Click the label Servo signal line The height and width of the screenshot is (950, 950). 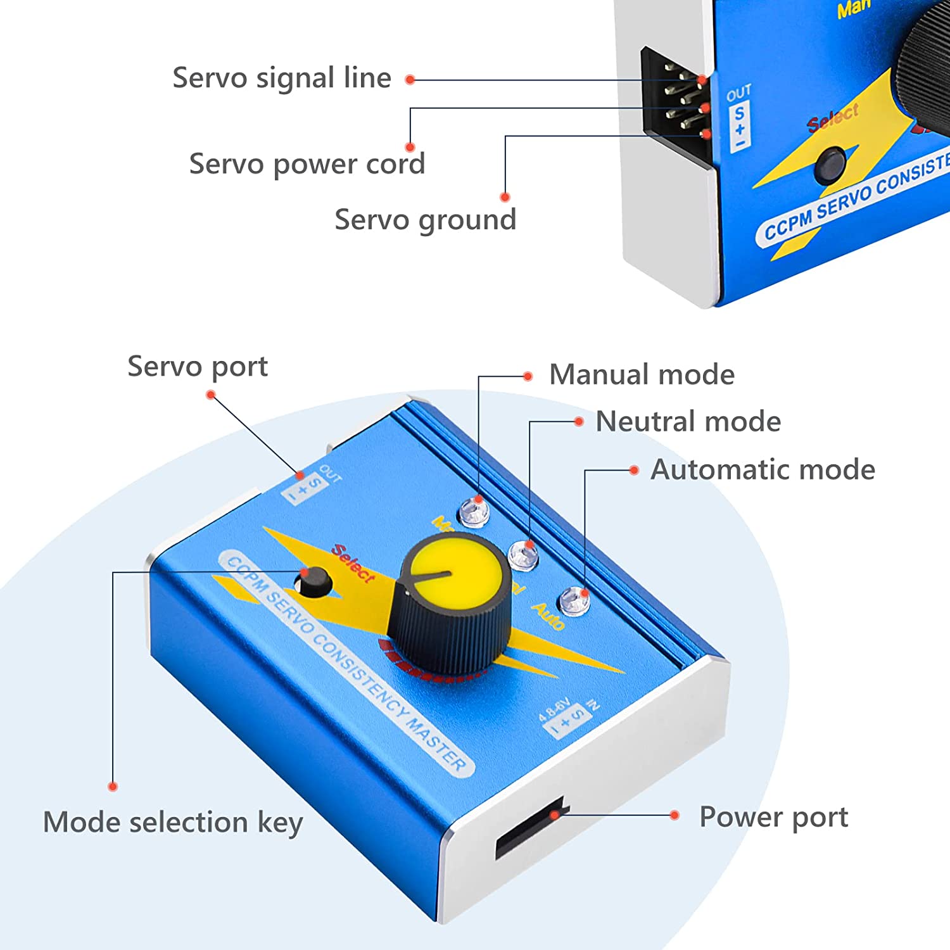pos(282,79)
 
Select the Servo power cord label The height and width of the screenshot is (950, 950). pos(307,164)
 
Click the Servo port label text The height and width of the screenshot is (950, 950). pos(198,367)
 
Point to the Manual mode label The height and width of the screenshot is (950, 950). pos(642,374)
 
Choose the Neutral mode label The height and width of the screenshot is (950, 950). pos(688,422)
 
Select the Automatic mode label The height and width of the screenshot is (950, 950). pos(763,470)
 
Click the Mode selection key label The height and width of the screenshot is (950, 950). pos(173,822)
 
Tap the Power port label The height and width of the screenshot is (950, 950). pos(773,817)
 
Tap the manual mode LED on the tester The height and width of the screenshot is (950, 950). pos(474,512)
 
